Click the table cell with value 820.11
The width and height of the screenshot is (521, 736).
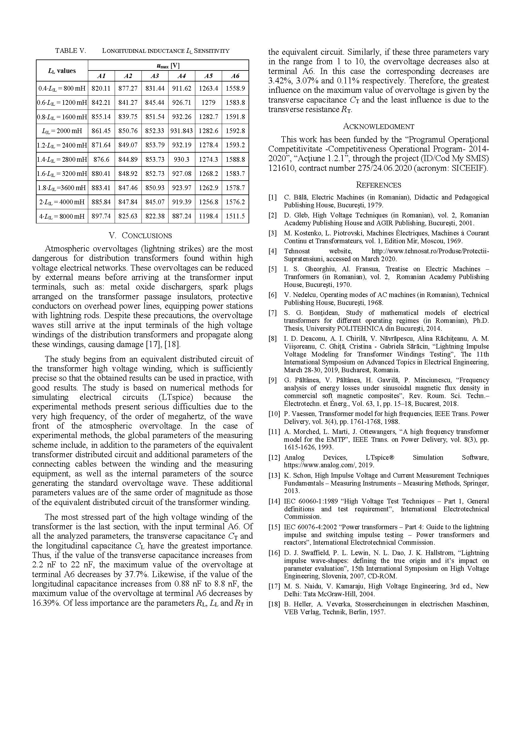pos(101,88)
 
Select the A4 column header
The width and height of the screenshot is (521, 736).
pos(181,76)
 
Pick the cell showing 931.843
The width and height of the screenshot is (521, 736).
pos(181,131)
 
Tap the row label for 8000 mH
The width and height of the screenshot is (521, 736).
pos(62,216)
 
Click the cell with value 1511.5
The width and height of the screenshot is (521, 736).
pos(235,216)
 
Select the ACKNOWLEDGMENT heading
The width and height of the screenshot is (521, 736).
pos(379,126)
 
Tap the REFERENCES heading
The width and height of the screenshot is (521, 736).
pos(379,185)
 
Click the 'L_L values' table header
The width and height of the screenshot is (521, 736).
pos(62,71)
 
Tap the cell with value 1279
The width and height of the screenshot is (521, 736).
pos(208,103)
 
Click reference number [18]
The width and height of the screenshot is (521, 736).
pos(274,604)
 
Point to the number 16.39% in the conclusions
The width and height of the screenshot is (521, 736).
pos(46,603)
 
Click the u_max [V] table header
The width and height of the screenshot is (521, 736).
pos(168,66)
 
